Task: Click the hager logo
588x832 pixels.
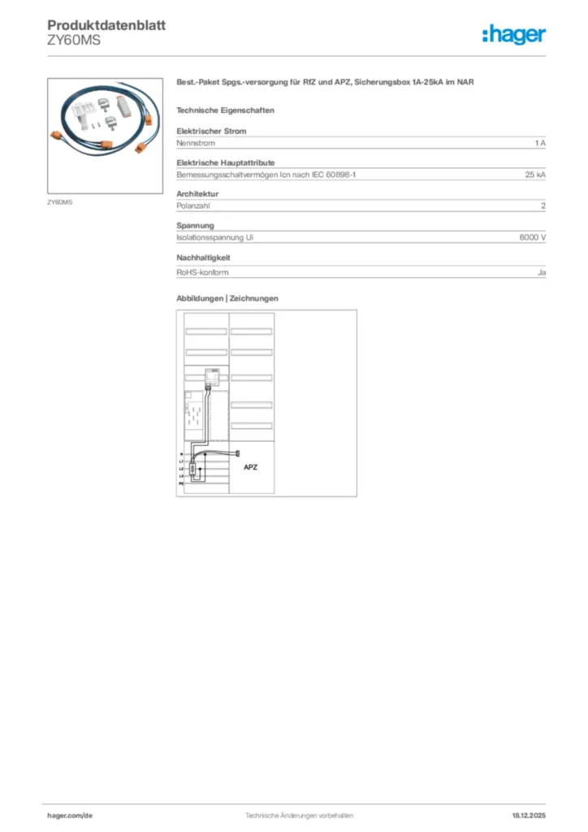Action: pos(514,34)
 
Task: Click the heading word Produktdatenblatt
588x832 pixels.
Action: pos(106,25)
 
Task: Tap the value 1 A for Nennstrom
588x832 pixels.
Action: pos(540,143)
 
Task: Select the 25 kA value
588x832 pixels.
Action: pos(535,175)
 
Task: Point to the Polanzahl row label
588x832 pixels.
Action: pos(193,206)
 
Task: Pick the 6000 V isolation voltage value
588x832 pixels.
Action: pos(532,238)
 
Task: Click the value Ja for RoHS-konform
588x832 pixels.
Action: pos(541,272)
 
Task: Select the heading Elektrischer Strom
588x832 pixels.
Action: pos(211,131)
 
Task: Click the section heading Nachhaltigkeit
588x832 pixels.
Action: pos(204,258)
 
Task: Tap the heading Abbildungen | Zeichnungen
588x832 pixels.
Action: pos(227,298)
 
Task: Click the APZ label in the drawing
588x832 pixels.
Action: pos(251,468)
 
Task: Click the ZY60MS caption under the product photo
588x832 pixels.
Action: pos(59,201)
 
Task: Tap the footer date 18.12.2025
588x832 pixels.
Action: pos(529,815)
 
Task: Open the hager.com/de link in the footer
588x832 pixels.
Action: pos(70,815)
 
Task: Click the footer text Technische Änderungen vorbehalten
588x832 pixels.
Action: pos(294,815)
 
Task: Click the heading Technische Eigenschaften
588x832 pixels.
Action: pos(225,110)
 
